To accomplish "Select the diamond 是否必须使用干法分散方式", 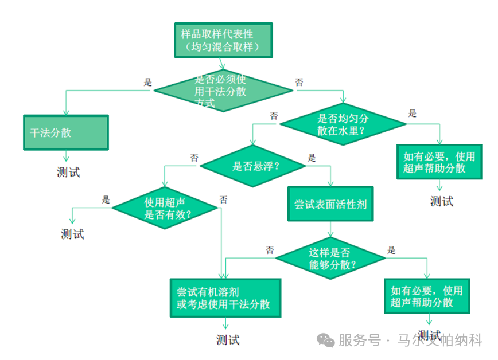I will pos(223,91).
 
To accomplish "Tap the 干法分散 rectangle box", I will pos(65,132).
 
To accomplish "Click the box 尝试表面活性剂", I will pos(330,205).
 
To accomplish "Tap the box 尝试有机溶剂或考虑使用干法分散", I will pos(225,298).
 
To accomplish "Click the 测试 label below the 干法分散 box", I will pos(68,172).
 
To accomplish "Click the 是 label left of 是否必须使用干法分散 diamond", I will pos(147,83).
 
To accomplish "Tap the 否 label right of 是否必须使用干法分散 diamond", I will pos(299,83).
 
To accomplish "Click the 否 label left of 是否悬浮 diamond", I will pos(194,157).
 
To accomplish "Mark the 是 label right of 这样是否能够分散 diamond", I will pos(391,250).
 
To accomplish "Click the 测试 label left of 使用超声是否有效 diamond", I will pos(72,234).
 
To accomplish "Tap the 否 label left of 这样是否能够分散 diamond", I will pos(270,250).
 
